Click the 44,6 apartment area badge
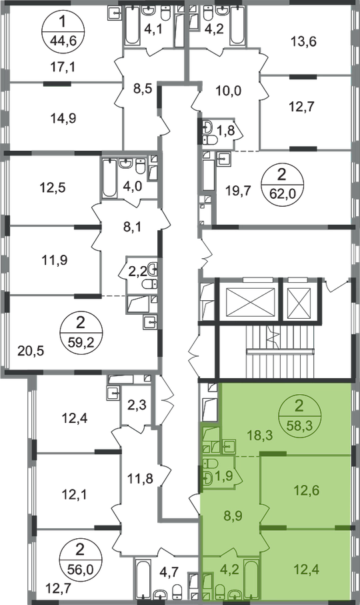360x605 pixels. [63, 31]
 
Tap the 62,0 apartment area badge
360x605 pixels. [282, 183]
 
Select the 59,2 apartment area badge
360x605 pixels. [80, 331]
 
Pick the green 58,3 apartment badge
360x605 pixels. [299, 416]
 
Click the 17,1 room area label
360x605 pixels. [63, 67]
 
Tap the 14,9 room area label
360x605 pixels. [63, 118]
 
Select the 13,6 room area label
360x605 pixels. [303, 41]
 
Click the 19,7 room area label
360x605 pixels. [239, 190]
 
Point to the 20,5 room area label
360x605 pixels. [31, 351]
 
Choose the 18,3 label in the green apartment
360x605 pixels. [260, 436]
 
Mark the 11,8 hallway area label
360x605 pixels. [140, 479]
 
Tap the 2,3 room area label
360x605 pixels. [137, 405]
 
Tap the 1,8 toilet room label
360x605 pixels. [226, 131]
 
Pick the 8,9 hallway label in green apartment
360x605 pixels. [233, 515]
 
